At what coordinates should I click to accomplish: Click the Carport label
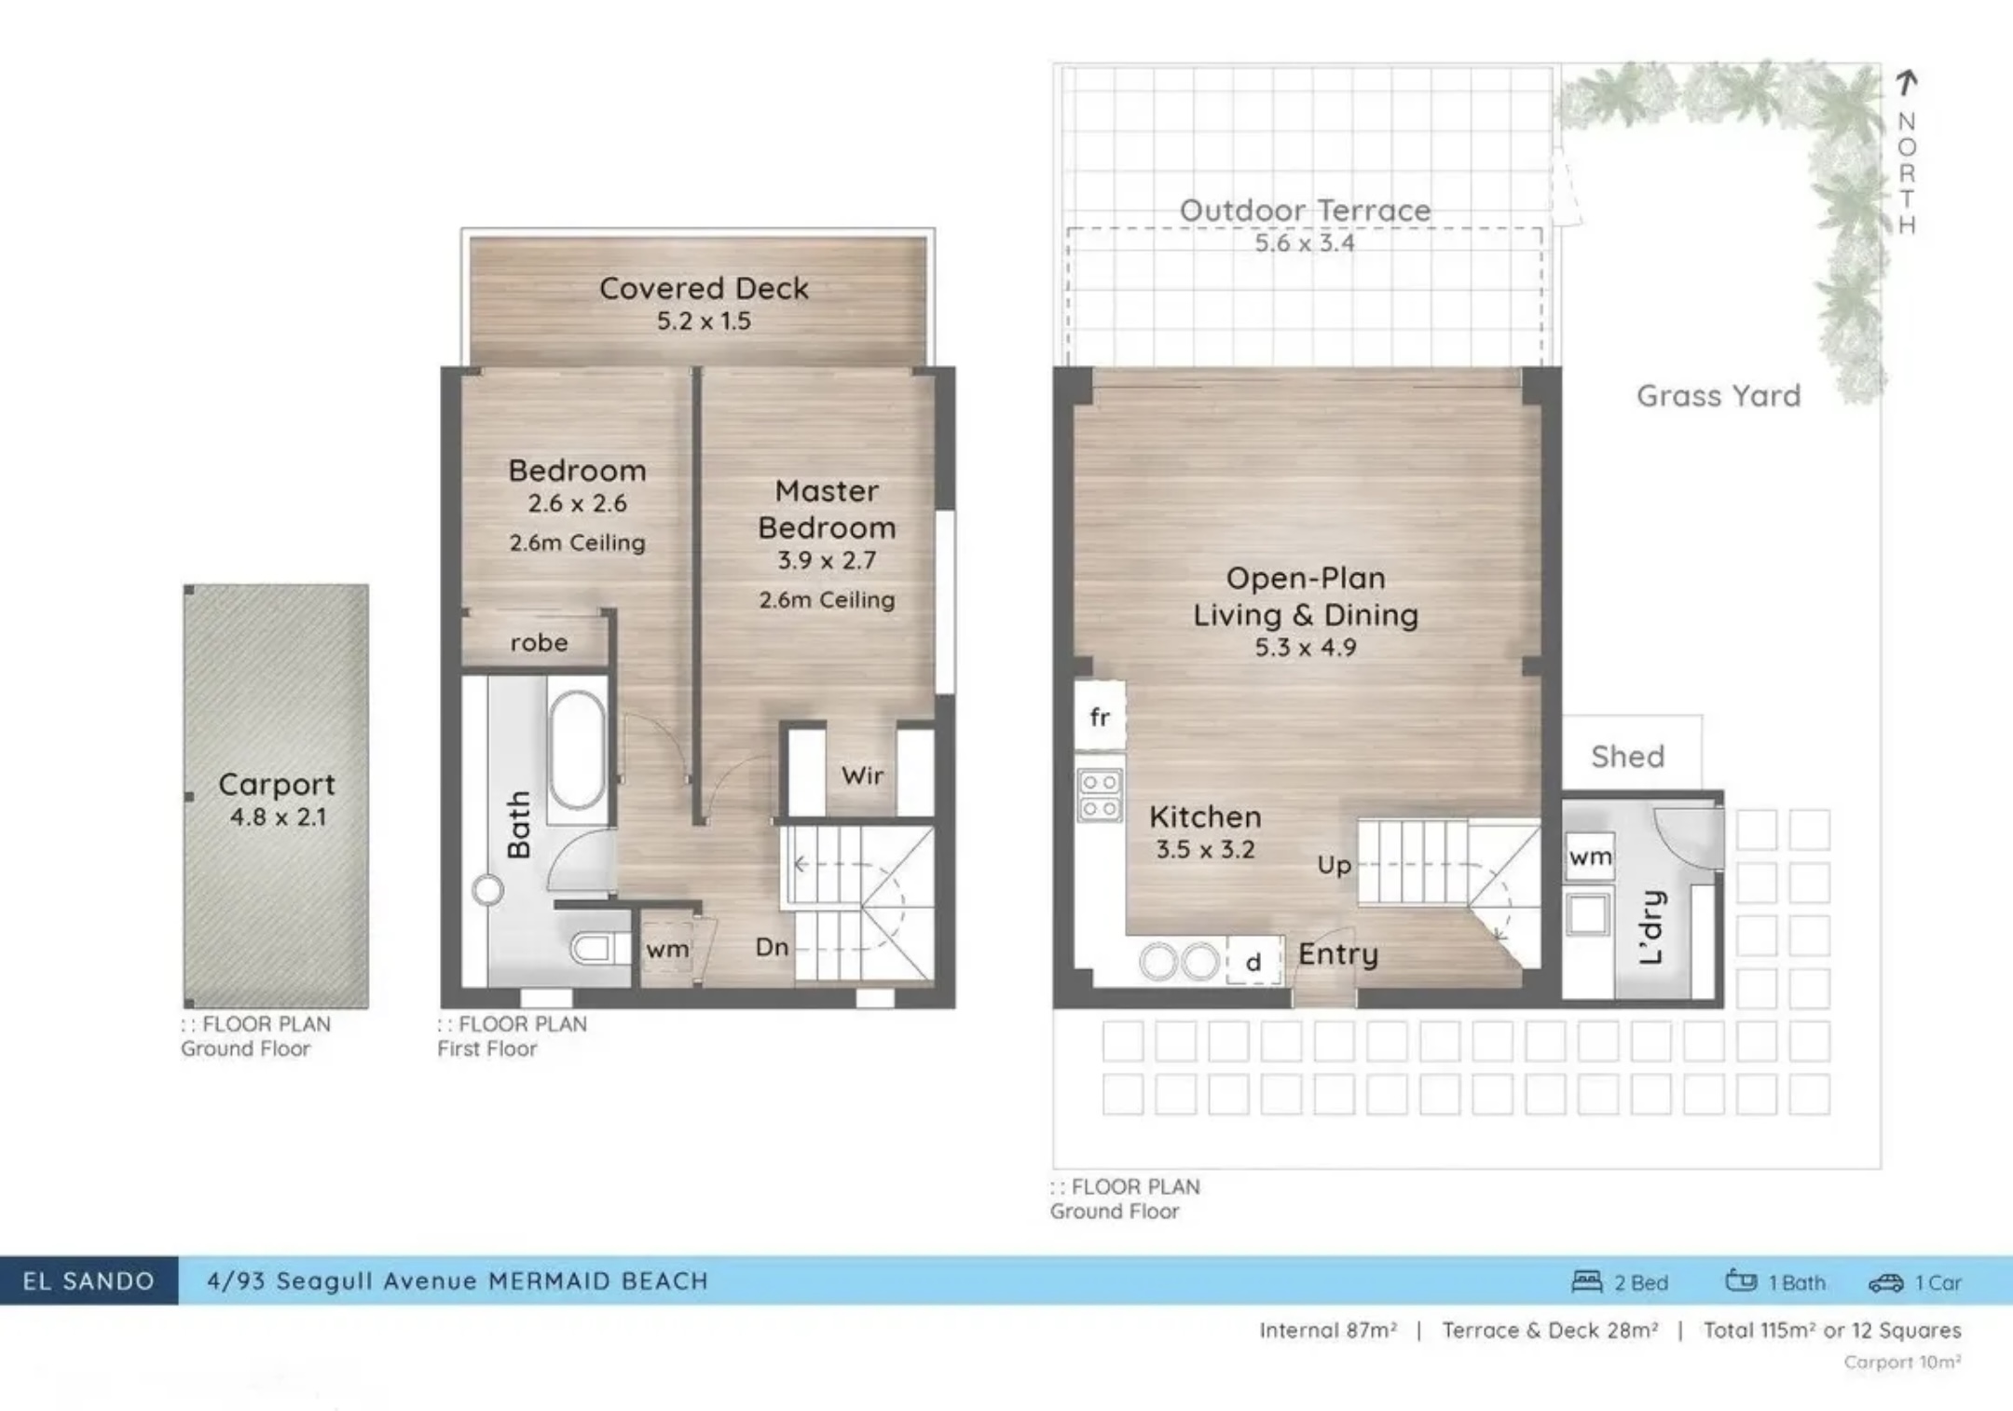[277, 785]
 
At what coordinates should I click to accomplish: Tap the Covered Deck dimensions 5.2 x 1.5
[704, 322]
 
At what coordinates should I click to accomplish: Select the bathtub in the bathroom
[577, 750]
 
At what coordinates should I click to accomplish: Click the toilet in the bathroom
[593, 949]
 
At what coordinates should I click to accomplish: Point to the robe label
[539, 643]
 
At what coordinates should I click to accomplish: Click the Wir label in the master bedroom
[862, 775]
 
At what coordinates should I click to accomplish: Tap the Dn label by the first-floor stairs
[772, 948]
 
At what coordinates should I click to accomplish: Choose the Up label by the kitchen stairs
[1335, 866]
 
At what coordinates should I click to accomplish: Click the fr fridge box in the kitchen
[1100, 717]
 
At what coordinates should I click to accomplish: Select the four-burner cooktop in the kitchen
[1100, 795]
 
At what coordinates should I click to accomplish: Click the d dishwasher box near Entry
[1253, 962]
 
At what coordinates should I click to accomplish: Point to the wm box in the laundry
[1590, 856]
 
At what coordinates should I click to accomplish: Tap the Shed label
[1628, 757]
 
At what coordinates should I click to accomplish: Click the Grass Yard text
[1719, 396]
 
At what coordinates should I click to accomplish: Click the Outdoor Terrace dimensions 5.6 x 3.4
[1305, 243]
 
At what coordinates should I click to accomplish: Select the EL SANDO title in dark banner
[89, 1281]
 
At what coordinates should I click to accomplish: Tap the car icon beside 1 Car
[1885, 1283]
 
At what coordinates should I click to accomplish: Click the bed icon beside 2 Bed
[1587, 1281]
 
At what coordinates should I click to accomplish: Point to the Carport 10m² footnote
[1902, 1363]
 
